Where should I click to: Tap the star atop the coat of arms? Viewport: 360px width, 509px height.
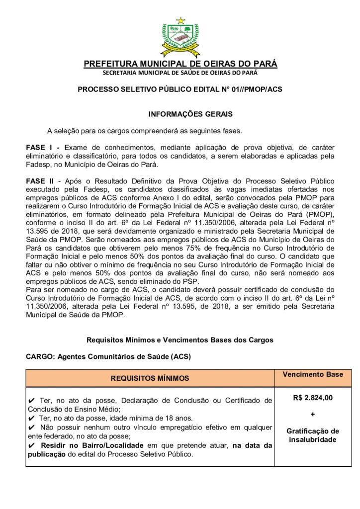click(x=180, y=21)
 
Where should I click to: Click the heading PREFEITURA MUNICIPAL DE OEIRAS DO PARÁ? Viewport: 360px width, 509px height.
click(x=180, y=64)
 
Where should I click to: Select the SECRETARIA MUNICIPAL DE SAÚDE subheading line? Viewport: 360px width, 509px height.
click(x=180, y=73)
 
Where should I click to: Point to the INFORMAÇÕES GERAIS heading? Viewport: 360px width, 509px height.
click(x=190, y=114)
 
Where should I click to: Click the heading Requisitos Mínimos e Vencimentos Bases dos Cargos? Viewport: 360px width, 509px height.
click(x=180, y=340)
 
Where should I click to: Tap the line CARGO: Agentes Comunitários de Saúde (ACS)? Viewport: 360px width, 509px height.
click(x=108, y=357)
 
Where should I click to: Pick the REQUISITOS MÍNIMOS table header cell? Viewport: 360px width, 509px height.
click(x=150, y=378)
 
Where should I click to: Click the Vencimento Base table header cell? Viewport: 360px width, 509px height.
click(x=313, y=374)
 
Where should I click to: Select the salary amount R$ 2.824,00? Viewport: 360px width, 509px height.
click(x=313, y=398)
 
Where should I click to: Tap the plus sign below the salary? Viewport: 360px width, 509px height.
click(x=313, y=414)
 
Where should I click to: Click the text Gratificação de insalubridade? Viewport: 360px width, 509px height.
click(x=313, y=435)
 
